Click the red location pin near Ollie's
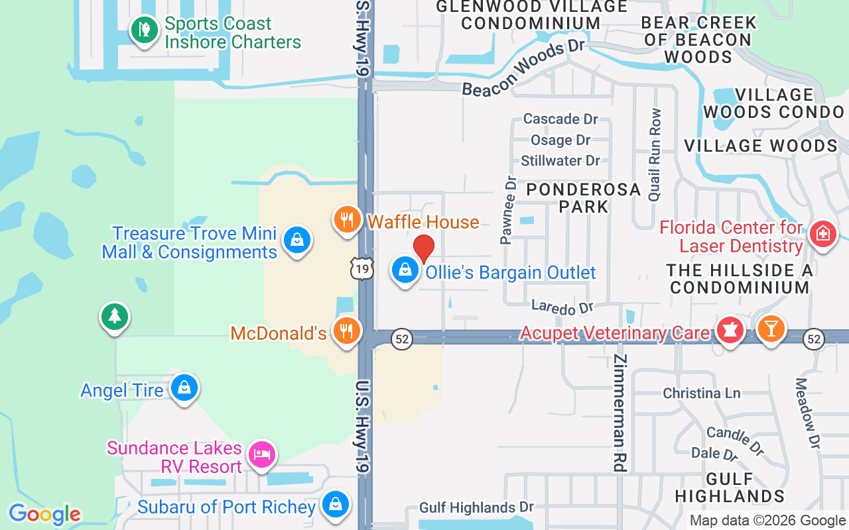click(424, 248)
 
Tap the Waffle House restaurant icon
click(347, 219)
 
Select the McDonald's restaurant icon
click(346, 331)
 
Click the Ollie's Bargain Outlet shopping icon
click(405, 270)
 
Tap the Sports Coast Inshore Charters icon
click(144, 30)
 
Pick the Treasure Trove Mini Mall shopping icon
click(297, 240)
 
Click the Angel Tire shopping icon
click(184, 388)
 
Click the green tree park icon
click(114, 317)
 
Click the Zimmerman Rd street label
click(620, 413)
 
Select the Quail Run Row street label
click(655, 155)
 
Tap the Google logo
click(44, 514)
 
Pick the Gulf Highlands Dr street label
click(476, 508)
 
